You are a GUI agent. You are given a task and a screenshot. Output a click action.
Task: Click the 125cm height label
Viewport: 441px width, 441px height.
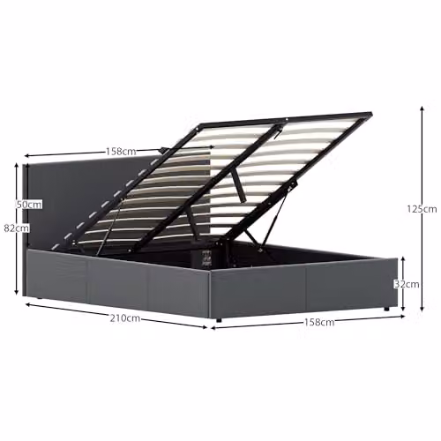click(422, 209)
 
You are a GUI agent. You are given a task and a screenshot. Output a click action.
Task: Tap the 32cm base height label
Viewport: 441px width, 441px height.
click(407, 284)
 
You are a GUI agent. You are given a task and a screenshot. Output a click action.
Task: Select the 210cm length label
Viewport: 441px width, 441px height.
click(125, 318)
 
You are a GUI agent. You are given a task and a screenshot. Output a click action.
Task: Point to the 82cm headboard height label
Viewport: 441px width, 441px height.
click(17, 228)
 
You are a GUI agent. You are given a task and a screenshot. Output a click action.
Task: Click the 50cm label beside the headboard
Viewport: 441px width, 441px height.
click(29, 205)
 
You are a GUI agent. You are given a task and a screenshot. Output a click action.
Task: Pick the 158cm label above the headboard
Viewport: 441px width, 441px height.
click(121, 152)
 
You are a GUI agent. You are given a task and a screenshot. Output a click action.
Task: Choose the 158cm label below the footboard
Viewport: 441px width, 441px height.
click(319, 322)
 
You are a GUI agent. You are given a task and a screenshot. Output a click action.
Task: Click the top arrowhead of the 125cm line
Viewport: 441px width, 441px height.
click(422, 108)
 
